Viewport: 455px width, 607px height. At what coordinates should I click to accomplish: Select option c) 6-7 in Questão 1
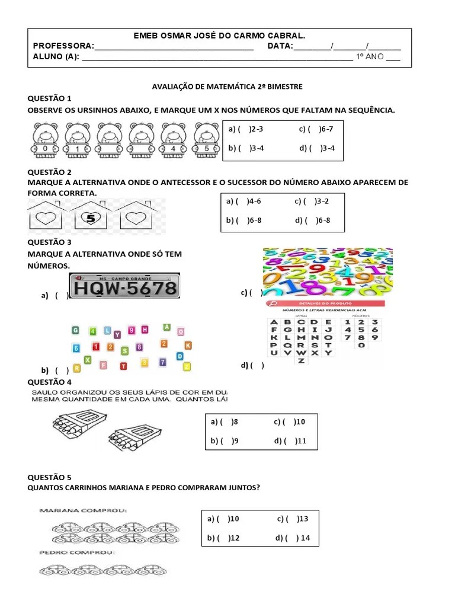click(x=317, y=129)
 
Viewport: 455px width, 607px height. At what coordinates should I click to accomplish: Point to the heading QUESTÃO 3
click(x=49, y=242)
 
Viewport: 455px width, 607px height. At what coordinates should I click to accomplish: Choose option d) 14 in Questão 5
click(x=297, y=538)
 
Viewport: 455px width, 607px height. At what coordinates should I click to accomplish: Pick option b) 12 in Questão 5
click(x=223, y=538)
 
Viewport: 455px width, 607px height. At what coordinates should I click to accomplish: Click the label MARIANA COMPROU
click(x=83, y=510)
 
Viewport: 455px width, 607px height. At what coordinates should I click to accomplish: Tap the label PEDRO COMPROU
click(x=77, y=553)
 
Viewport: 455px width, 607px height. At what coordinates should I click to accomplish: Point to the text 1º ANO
click(x=369, y=57)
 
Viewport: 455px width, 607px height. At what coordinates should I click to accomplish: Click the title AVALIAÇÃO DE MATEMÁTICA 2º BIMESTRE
click(x=227, y=87)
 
